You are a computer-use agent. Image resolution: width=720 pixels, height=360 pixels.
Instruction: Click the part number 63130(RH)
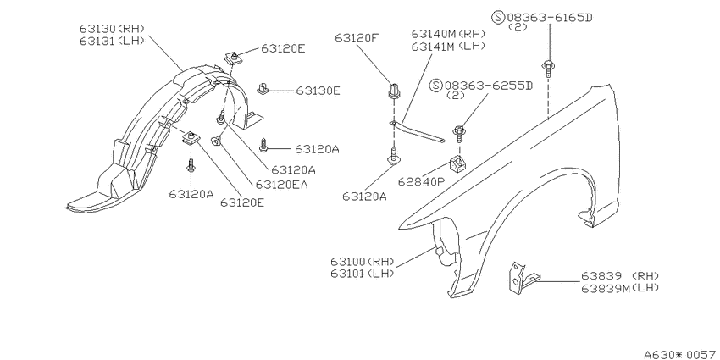[x=112, y=29]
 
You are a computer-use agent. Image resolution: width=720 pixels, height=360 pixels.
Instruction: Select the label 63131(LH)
[x=112, y=41]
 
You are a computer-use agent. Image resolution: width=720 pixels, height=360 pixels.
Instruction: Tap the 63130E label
[x=318, y=91]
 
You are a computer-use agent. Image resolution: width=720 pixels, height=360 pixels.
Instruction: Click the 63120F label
[x=357, y=38]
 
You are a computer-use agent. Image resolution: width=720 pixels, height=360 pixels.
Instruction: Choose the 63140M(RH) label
[x=449, y=34]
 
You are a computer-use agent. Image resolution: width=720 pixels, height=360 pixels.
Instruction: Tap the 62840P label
[x=423, y=181]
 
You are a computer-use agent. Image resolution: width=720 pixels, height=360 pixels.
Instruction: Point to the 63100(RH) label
[x=363, y=262]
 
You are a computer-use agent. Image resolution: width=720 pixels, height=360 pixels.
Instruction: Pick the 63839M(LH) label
[x=620, y=288]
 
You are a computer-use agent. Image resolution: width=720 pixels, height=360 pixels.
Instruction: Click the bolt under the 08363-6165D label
[x=547, y=69]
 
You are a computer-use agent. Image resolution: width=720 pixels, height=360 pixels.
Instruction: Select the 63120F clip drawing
[x=394, y=91]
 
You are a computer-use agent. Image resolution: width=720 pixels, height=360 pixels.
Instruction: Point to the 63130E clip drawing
[x=263, y=89]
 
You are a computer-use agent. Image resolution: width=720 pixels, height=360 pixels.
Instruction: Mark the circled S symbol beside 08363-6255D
[x=437, y=86]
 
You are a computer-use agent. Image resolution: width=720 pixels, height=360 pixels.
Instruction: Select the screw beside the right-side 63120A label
[x=263, y=146]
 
